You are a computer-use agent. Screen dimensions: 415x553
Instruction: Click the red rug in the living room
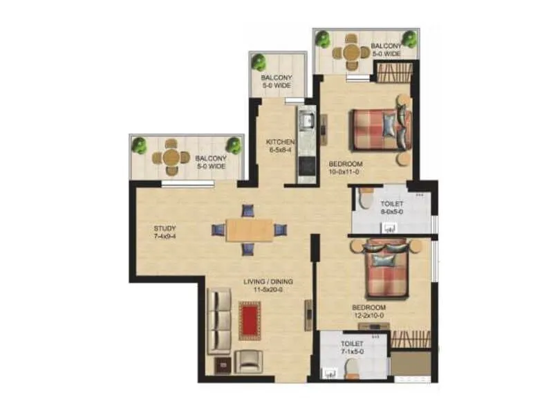coord(250,320)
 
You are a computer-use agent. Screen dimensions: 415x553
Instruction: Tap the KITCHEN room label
coord(281,143)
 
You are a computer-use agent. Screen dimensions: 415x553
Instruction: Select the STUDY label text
coord(165,228)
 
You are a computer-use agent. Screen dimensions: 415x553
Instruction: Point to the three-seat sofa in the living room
coord(219,321)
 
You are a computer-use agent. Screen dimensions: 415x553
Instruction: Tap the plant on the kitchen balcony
coord(259,62)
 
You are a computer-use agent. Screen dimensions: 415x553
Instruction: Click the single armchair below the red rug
coord(248,360)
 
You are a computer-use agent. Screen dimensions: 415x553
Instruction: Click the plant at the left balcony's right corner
coord(234,145)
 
